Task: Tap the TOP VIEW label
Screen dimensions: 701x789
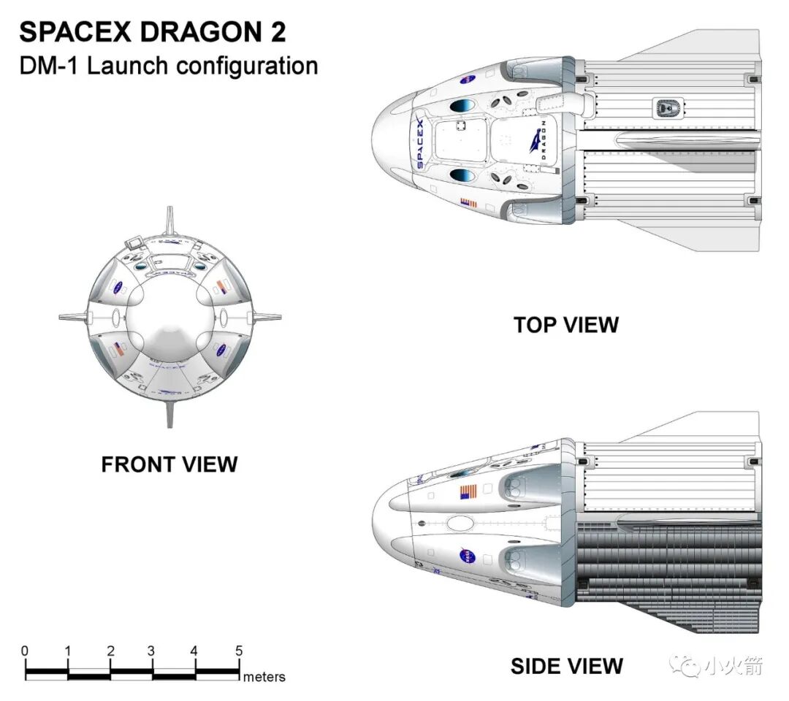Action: pos(565,324)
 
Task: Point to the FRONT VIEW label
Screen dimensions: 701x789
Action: pos(169,464)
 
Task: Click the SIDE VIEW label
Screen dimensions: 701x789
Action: pos(566,666)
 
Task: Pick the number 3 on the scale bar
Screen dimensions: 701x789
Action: pos(151,651)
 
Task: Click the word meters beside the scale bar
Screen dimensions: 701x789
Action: pos(264,677)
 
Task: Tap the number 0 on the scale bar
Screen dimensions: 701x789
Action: pos(25,651)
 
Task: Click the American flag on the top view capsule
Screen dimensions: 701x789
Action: pos(468,204)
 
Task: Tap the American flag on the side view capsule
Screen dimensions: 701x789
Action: pos(469,491)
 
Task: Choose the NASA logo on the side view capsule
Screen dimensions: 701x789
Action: pos(466,557)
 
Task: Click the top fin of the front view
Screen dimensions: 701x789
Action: pos(169,219)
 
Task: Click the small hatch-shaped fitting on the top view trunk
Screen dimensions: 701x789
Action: pos(665,108)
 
